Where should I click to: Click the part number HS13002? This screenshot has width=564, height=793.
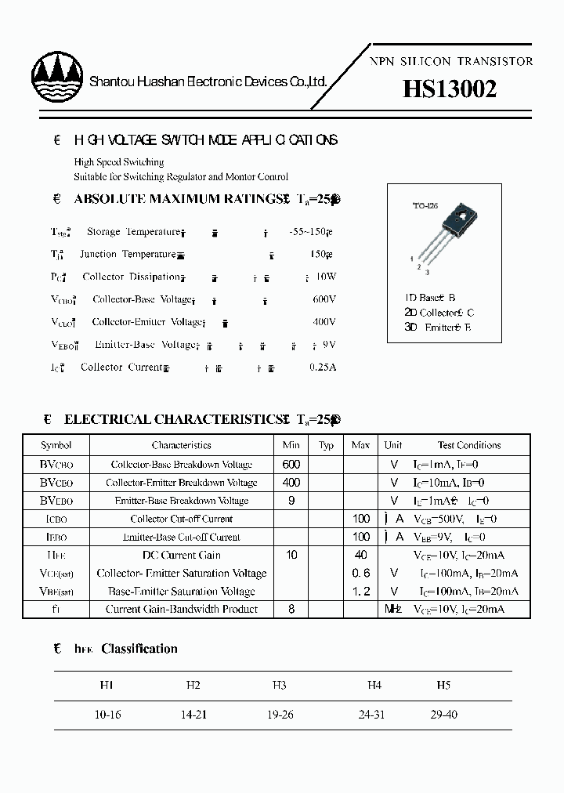449,91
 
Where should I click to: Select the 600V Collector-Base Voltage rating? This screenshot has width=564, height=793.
324,299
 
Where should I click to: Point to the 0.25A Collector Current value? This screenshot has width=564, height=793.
321,367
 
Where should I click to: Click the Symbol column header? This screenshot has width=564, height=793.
56,445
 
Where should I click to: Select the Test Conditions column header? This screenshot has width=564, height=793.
469,445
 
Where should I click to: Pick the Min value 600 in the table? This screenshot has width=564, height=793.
291,464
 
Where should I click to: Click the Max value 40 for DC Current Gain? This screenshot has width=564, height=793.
361,555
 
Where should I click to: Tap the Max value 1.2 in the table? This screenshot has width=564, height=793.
361,592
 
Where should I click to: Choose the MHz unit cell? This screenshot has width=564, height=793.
392,609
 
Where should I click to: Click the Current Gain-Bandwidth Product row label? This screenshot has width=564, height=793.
181,609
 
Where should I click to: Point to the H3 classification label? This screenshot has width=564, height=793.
280,685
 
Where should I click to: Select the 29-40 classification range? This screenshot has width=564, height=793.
443,715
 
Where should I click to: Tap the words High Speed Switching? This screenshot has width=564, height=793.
119,162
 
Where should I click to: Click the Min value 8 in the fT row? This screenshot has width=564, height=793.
291,609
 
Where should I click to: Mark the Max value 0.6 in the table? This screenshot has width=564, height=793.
361,574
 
